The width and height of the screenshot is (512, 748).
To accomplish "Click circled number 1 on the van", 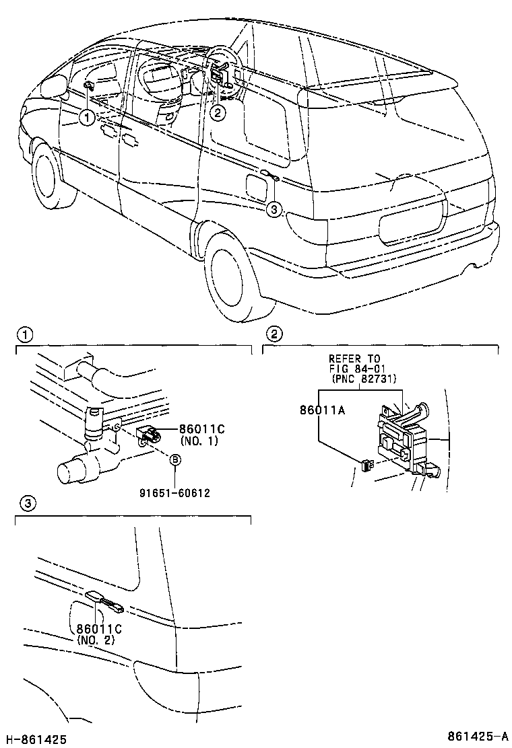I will pos(86,118).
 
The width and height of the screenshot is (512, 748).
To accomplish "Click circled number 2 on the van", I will pos(217,112).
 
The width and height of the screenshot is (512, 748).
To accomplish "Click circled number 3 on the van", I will pos(273,209).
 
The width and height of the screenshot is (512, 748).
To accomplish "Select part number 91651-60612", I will pos(176,492).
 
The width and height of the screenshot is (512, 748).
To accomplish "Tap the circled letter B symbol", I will pos(175,460).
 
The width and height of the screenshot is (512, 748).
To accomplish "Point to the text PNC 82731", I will pos(363,379).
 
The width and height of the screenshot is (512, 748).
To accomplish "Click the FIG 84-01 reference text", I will pos(355,369).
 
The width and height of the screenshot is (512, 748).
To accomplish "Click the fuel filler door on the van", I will pos(258,185).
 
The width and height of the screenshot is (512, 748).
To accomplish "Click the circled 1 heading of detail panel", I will pos(24,334).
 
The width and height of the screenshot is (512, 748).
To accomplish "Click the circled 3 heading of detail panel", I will pos(24,502).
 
